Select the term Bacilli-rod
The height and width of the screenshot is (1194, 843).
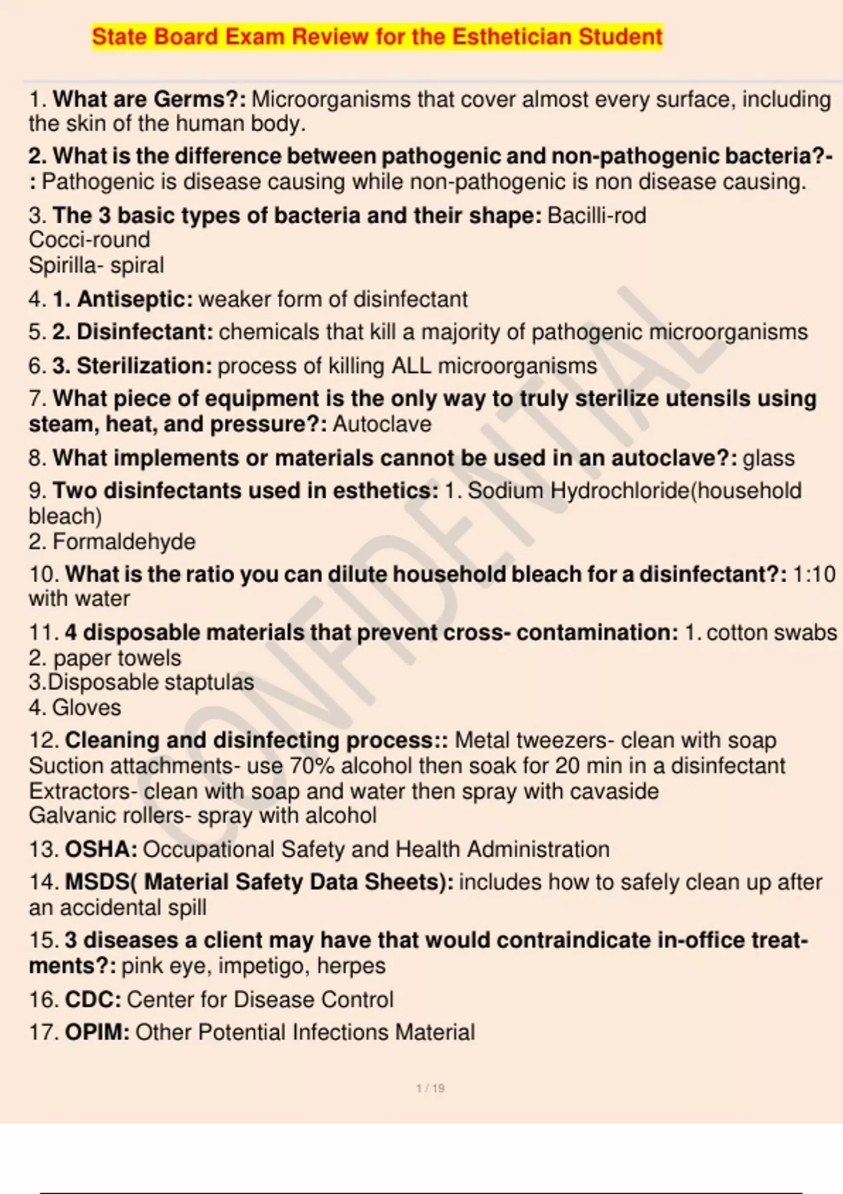(596, 215)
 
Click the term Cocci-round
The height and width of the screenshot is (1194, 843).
(89, 240)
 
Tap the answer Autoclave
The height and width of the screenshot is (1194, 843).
(382, 424)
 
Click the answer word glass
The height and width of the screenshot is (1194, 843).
(769, 458)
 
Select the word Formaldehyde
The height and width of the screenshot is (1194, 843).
(124, 542)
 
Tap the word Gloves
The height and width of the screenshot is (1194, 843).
(86, 707)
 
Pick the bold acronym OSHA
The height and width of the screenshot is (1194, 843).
(100, 849)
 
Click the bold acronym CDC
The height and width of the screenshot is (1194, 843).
(93, 999)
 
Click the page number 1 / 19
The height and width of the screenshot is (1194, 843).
(430, 1088)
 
